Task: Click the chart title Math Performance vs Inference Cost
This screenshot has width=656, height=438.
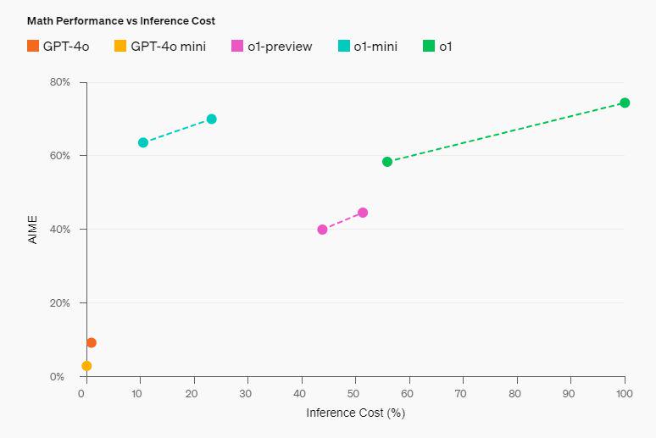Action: point(121,20)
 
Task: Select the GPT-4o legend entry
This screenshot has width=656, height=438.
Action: point(58,47)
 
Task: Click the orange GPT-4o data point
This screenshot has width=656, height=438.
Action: point(92,343)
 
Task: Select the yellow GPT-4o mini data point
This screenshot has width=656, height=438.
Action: point(86,366)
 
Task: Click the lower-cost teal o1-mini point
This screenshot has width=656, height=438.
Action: point(143,142)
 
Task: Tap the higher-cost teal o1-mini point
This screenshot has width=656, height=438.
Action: point(212,119)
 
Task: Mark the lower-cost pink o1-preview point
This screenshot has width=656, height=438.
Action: point(322,230)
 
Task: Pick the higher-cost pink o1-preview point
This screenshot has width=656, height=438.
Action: point(363,213)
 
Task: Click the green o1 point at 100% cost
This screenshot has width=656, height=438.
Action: point(625,103)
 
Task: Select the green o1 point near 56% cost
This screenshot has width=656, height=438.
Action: point(387,162)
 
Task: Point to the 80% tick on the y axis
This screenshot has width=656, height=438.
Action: point(59,82)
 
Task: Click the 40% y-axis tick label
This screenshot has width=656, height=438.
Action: point(59,230)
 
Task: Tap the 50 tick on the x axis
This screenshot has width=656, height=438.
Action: point(354,394)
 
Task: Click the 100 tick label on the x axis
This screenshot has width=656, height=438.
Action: point(625,394)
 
